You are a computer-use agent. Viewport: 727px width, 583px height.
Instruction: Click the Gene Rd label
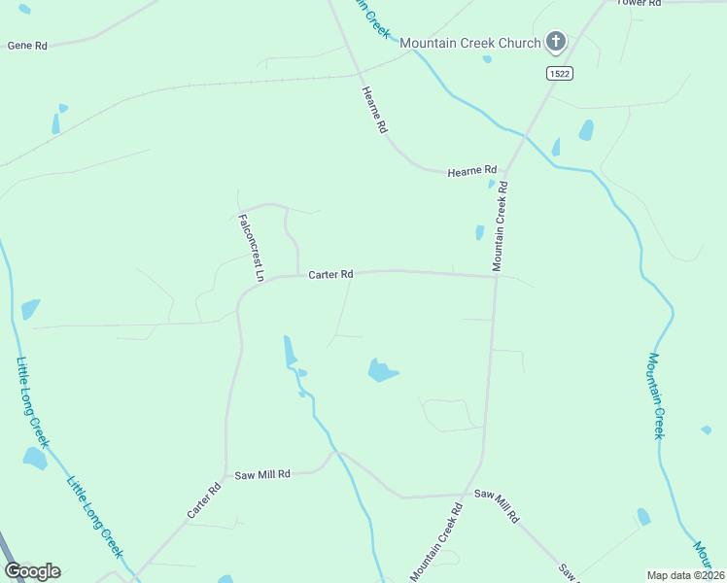click(27, 46)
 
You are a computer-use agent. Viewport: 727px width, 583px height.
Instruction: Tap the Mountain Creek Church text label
click(469, 43)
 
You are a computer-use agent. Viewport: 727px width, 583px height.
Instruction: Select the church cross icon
click(556, 41)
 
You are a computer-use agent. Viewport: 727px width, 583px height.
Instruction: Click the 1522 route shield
click(558, 73)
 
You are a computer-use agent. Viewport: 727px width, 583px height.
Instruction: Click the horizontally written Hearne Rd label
click(472, 171)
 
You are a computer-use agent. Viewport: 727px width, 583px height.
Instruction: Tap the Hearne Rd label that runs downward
click(375, 110)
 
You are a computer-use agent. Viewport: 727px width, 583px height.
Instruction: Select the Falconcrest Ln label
click(252, 248)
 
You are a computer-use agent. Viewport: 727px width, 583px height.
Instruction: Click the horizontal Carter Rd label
click(330, 275)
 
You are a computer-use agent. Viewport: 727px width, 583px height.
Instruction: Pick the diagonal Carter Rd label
click(205, 499)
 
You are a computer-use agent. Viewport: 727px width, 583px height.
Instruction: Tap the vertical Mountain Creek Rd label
click(501, 225)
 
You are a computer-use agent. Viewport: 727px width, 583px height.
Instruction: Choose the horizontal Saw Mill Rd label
click(262, 475)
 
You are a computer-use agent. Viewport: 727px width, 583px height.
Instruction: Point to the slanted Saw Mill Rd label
click(496, 507)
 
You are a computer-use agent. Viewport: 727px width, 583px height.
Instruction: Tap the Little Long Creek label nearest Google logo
click(94, 515)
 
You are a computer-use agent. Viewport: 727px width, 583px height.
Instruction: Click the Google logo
click(32, 571)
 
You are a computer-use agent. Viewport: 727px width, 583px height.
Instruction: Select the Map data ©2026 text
click(685, 575)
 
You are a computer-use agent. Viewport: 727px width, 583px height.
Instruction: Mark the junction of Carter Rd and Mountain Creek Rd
click(496, 277)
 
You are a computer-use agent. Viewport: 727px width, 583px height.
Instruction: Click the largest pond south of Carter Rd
click(382, 370)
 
